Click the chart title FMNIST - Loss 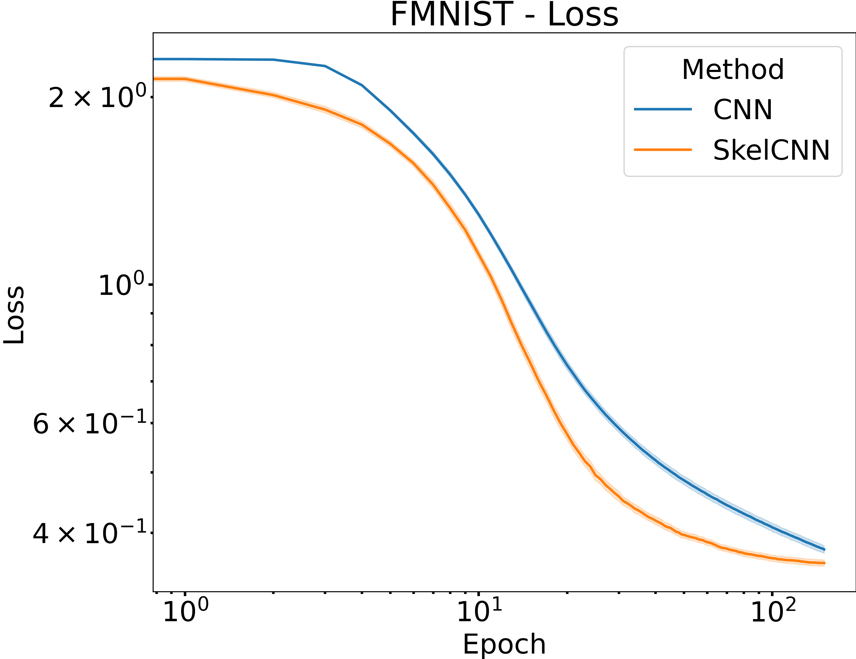[504, 15]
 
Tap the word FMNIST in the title [451, 15]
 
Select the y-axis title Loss [14, 315]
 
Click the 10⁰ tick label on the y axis [122, 285]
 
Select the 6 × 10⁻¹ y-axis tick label [90, 423]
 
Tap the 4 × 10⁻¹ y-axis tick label [90, 533]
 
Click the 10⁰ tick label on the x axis [185, 611]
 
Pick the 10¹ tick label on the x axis [479, 611]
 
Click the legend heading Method [733, 70]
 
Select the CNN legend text [742, 110]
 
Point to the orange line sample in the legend [663, 150]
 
